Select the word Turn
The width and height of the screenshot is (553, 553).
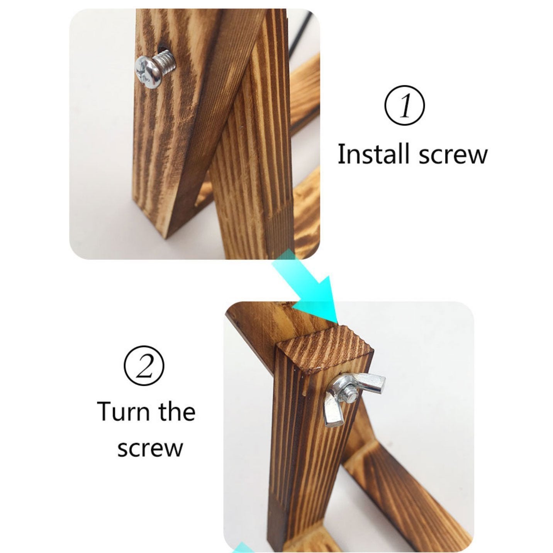(123, 412)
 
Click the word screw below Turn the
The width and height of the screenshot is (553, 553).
(150, 448)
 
